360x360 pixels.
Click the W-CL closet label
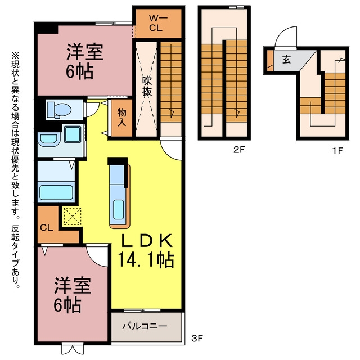[x=156, y=23]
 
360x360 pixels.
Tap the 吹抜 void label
[x=147, y=85]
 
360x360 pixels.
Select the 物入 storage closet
[x=121, y=118]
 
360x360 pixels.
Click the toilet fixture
[x=59, y=110]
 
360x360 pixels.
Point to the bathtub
[x=56, y=192]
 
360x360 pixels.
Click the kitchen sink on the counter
[x=119, y=209]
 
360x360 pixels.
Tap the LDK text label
[x=147, y=240]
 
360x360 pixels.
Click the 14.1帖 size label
[x=146, y=260]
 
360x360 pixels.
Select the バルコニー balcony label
[x=145, y=326]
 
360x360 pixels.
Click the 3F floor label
[x=197, y=338]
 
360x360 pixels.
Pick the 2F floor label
[x=240, y=150]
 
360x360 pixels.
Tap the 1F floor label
[x=337, y=151]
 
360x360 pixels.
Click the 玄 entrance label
[x=286, y=60]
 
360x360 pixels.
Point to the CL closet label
[x=47, y=228]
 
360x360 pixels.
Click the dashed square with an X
[x=73, y=216]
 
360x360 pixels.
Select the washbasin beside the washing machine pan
[x=49, y=139]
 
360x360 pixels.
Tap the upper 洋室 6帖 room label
[x=84, y=61]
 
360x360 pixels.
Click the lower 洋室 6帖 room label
[x=73, y=295]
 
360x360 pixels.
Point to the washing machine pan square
[x=73, y=134]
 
